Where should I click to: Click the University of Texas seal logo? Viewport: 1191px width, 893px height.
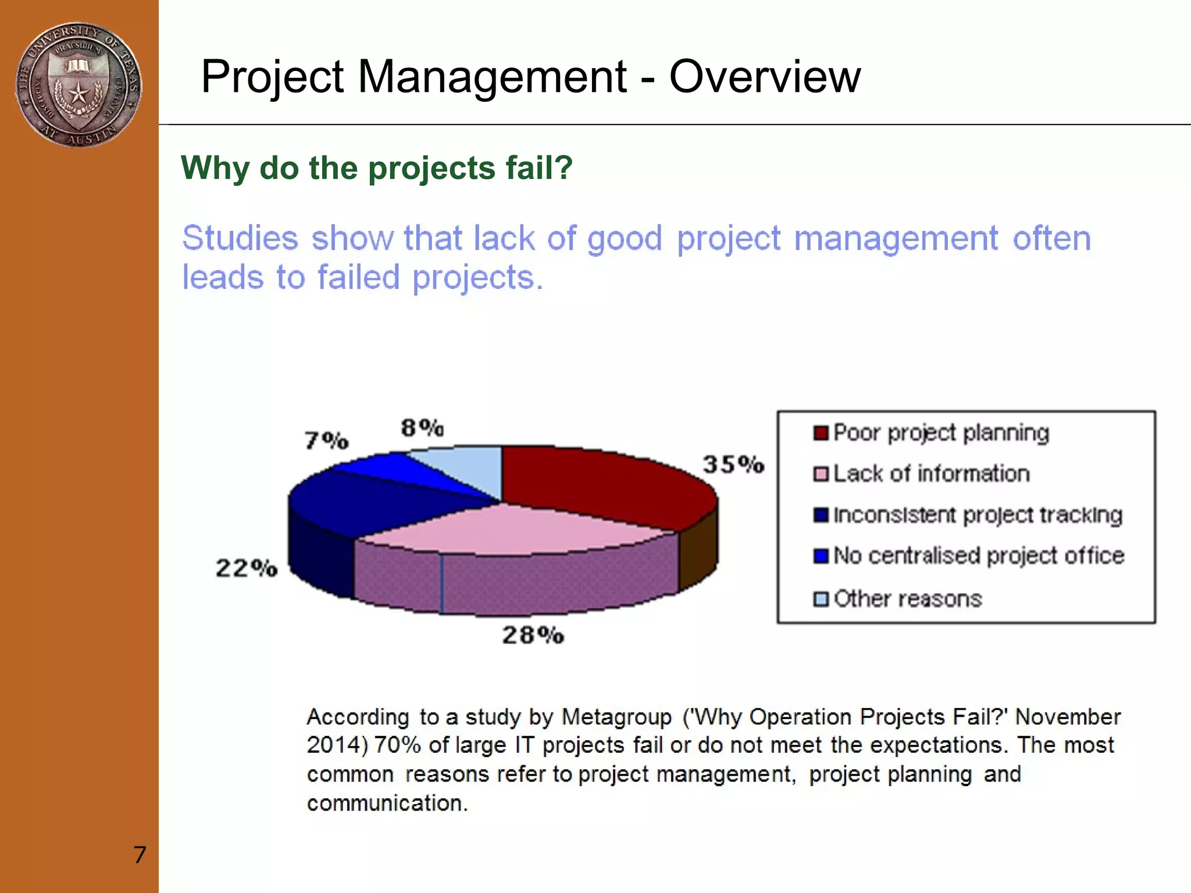point(79,85)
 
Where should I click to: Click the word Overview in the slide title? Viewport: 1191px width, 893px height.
point(764,77)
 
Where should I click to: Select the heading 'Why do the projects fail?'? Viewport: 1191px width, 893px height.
point(377,168)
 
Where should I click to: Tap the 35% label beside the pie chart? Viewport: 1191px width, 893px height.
point(733,465)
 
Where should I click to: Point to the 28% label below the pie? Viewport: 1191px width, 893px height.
point(533,635)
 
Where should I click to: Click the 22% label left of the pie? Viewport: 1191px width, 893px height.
point(247,568)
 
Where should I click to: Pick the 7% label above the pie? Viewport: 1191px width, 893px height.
point(327,440)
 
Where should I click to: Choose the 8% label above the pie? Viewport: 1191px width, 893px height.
point(423,428)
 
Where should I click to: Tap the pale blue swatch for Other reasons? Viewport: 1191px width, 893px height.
point(821,599)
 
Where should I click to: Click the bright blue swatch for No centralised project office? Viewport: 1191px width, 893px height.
point(821,556)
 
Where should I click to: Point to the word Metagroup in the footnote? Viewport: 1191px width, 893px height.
point(616,717)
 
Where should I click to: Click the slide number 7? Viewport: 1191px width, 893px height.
point(140,855)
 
